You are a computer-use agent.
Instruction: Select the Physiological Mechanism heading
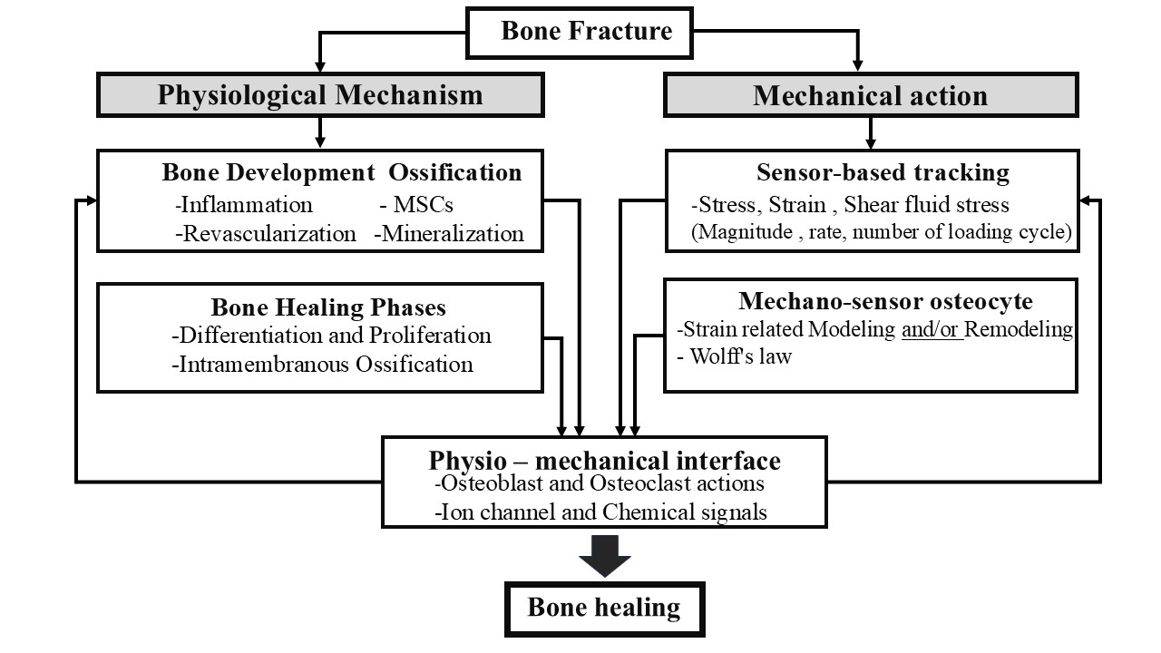pyautogui.click(x=320, y=95)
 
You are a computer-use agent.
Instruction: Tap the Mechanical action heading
pyautogui.click(x=870, y=95)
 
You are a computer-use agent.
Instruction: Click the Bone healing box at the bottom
pyautogui.click(x=604, y=607)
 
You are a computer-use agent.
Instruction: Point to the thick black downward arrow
pyautogui.click(x=604, y=555)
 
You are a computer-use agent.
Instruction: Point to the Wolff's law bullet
pyautogui.click(x=735, y=356)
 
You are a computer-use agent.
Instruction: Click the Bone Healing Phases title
pyautogui.click(x=328, y=307)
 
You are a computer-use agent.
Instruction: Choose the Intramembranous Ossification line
pyautogui.click(x=322, y=365)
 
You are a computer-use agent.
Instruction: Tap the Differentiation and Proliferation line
pyautogui.click(x=331, y=336)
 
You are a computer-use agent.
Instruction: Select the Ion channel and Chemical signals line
pyautogui.click(x=601, y=512)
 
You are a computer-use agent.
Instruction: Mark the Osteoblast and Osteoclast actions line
pyautogui.click(x=600, y=484)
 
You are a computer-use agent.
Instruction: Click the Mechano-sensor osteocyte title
pyautogui.click(x=885, y=301)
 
